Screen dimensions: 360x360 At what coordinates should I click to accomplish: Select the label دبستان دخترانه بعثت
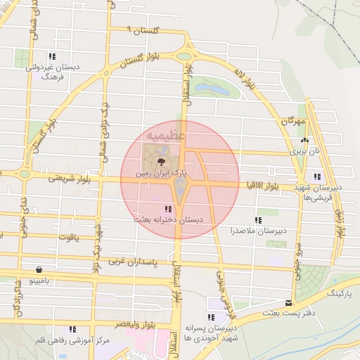pos(170,220)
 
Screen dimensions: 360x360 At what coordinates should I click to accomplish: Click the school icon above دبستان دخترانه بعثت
pos(167,209)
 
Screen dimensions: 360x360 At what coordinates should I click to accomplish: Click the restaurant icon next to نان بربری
pos(304,141)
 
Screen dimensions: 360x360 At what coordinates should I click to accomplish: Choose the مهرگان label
pos(294,121)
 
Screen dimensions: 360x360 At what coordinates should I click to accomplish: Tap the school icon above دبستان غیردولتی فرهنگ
pos(51,57)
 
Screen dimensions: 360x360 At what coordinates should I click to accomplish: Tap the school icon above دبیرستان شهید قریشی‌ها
pos(318,176)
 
